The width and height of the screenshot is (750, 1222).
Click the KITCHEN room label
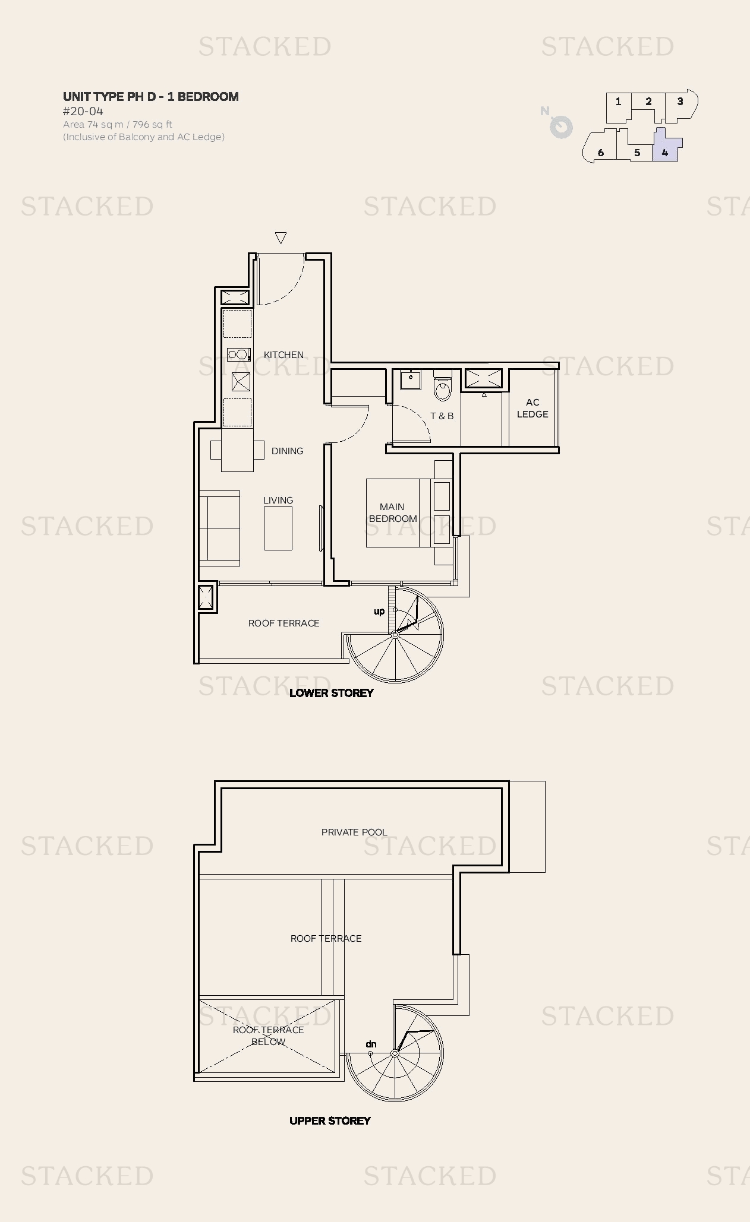[x=283, y=354]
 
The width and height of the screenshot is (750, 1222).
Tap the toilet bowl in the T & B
[x=442, y=389]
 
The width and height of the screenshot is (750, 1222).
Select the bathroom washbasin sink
[x=410, y=379]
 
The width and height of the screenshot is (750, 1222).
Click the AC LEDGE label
[x=532, y=409]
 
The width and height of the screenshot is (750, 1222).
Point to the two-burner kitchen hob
[x=238, y=355]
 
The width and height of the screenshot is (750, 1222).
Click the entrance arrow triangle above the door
[x=281, y=238]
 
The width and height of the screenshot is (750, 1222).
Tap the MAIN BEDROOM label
[x=392, y=512]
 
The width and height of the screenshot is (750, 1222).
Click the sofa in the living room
[x=219, y=527]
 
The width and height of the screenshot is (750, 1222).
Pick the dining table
[x=237, y=450]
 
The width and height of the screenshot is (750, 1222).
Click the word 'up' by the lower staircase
[x=379, y=611]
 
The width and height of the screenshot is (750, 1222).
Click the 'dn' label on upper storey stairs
[x=371, y=1044]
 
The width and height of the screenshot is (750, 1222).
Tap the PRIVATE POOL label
[x=354, y=832]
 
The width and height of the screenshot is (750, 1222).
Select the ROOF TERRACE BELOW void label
[x=268, y=1036]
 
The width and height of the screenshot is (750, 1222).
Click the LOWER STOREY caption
[x=331, y=693]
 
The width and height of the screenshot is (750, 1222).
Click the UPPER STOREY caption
[x=330, y=1120]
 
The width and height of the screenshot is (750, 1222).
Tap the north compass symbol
[x=559, y=125]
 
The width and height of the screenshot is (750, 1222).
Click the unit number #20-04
[x=83, y=111]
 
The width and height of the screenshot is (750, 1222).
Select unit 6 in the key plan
[x=600, y=153]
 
